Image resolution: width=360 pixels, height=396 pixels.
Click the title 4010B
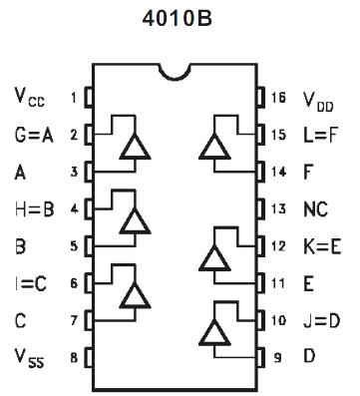(179, 19)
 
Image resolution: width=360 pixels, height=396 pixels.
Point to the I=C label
(32, 282)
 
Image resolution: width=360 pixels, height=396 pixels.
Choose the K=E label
(321, 245)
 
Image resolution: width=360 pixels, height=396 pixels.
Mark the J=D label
(321, 320)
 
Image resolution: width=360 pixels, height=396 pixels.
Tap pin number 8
(73, 356)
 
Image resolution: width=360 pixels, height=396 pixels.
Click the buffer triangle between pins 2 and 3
(134, 147)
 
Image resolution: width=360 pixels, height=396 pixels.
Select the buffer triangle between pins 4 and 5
(134, 221)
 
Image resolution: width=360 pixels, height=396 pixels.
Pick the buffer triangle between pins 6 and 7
(134, 296)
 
